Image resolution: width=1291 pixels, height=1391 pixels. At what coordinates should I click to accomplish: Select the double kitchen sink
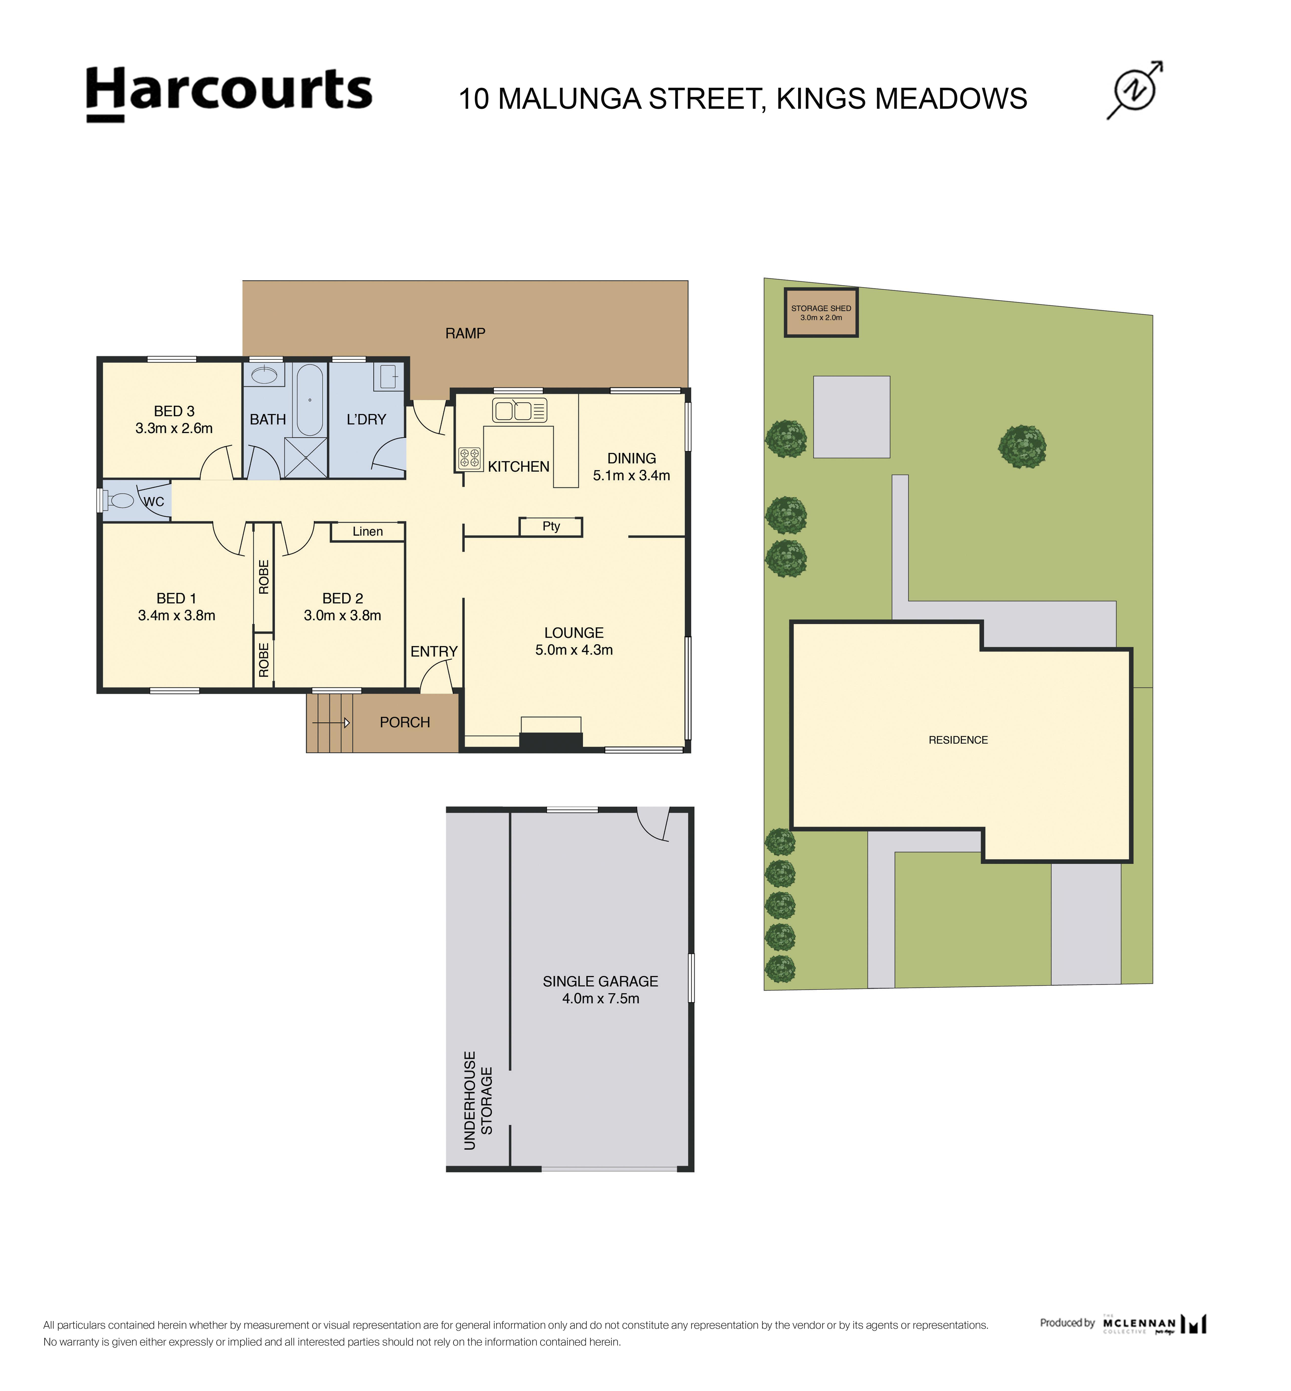(x=520, y=410)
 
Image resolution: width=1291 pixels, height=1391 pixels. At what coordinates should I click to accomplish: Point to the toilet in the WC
(x=120, y=500)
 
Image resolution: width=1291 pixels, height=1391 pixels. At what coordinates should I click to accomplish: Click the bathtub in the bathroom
(x=309, y=400)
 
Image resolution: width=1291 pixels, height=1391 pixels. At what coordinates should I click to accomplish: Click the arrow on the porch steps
(x=347, y=722)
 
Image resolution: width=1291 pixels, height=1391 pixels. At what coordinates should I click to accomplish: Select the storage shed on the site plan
(x=821, y=312)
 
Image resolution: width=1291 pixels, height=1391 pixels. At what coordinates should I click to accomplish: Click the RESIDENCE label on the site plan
(x=958, y=740)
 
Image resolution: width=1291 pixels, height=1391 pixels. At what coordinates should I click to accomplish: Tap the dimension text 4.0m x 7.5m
(x=600, y=998)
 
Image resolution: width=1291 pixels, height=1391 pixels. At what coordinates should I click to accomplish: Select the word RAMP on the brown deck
(x=465, y=333)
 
